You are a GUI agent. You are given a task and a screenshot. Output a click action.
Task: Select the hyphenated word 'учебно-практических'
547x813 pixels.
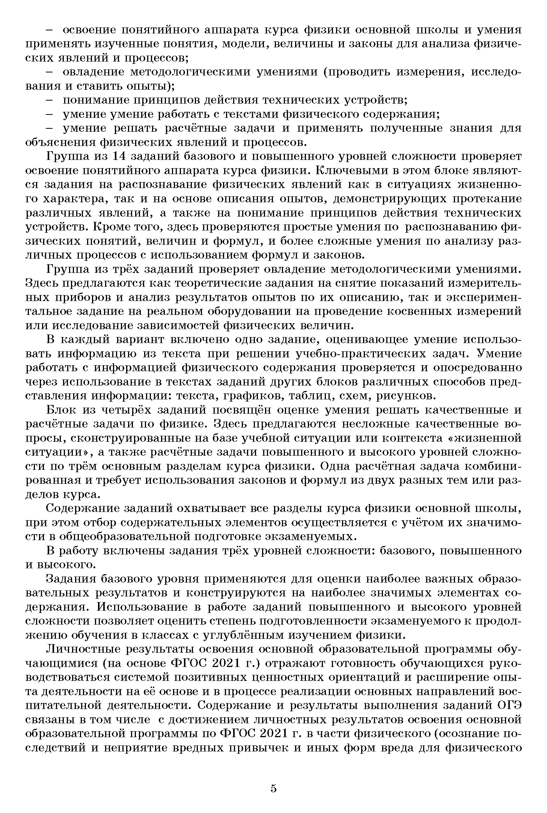click(361, 354)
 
